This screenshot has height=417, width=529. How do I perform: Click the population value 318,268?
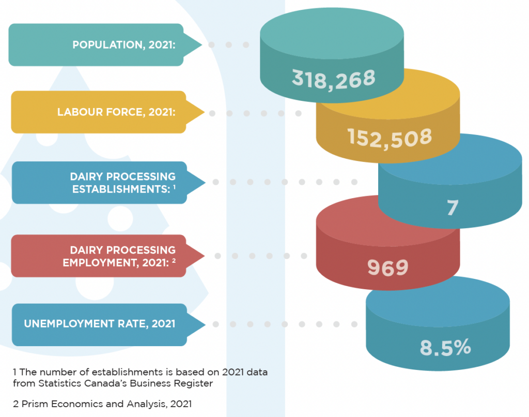click(x=334, y=78)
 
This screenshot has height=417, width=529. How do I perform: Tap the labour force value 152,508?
click(x=390, y=137)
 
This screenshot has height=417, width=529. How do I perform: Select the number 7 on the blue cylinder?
click(x=453, y=207)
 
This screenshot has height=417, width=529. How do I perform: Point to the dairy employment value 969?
click(x=387, y=267)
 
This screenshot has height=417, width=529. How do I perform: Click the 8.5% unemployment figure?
click(x=445, y=348)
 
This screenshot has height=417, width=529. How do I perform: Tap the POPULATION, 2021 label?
click(x=124, y=45)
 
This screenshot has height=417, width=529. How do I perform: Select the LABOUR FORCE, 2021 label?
click(x=116, y=112)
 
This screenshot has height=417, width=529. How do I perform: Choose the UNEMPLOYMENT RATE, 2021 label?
click(x=99, y=324)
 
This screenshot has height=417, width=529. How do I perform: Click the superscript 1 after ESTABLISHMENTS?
click(x=175, y=186)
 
